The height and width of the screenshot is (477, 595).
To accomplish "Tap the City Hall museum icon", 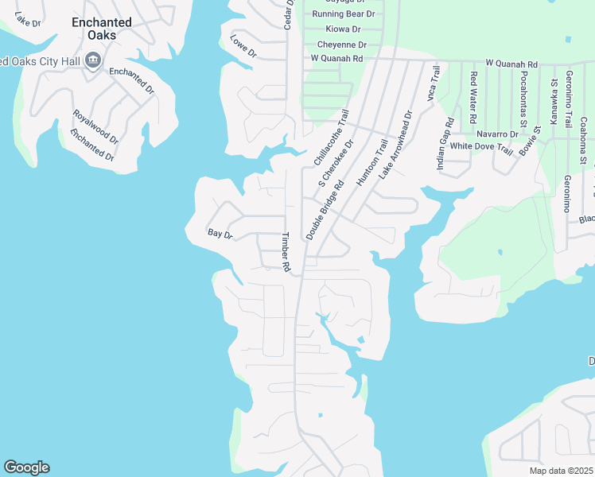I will [93, 60].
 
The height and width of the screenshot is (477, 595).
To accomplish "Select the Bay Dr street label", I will [220, 235].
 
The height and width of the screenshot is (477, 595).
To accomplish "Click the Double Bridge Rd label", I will [325, 210].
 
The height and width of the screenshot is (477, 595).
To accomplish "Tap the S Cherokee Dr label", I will [336, 170].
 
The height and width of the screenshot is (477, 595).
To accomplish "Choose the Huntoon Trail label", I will [371, 163].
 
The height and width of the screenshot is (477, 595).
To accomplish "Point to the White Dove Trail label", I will [481, 146].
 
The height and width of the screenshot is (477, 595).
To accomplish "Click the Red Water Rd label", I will [473, 97].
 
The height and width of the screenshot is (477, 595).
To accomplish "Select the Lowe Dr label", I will [243, 47].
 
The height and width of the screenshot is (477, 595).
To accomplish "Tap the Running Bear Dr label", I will [344, 14].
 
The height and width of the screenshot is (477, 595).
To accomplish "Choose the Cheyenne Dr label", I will [341, 45].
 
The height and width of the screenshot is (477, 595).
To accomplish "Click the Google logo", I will [26, 467].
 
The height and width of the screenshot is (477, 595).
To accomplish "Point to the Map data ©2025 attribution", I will [560, 471].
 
